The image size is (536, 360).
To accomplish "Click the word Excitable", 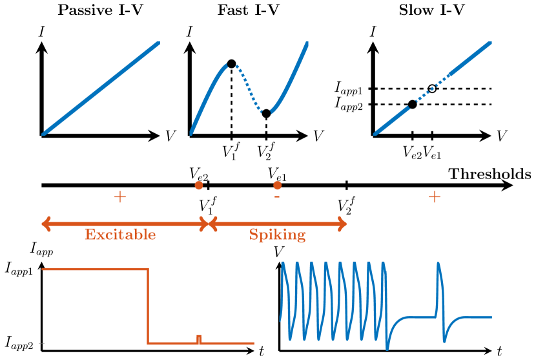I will click(120, 235).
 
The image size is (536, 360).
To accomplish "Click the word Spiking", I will click(277, 235).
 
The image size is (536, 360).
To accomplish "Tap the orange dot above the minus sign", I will click(277, 185).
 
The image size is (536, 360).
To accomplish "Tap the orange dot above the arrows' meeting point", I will click(199, 185).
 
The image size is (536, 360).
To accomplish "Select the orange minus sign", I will click(276, 196).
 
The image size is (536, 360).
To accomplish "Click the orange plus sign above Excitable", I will click(119, 196).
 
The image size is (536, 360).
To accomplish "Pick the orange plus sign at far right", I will click(434, 196).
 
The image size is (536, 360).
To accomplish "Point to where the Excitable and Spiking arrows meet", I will click(207, 224).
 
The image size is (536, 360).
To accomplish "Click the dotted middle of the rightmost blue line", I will click(430, 89).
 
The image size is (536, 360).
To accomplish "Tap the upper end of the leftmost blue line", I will click(158, 44).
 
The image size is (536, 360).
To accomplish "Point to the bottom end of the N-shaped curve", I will click(191, 133).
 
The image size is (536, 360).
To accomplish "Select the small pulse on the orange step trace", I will click(199, 338).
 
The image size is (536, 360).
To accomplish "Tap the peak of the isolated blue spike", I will click(438, 264).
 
